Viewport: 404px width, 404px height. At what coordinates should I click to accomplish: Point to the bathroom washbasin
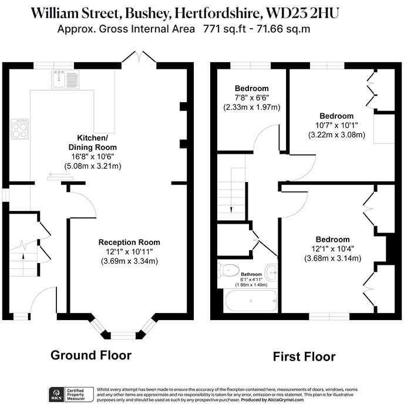pos(270,272)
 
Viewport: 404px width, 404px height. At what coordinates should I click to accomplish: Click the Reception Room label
pos(129,243)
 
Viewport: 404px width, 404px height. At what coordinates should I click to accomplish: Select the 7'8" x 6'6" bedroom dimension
pos(251,97)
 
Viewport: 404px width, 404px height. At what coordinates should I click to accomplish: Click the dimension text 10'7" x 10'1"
pos(336,125)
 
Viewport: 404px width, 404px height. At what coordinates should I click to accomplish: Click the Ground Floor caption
pos(91,355)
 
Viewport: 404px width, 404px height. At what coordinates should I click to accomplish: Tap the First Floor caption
pos(304,356)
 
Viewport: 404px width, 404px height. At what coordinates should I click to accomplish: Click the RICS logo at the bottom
pos(58,392)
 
